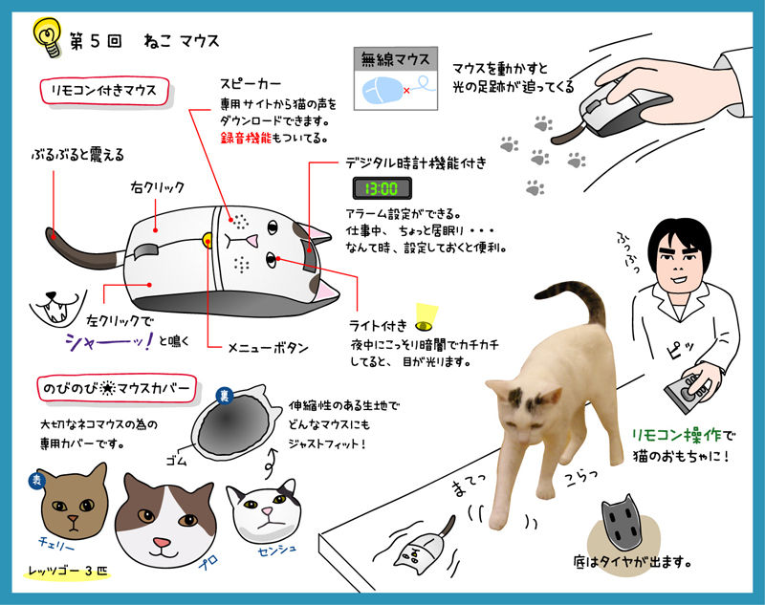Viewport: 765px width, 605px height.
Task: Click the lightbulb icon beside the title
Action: (47, 37)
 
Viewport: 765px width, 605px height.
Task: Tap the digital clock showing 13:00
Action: (382, 188)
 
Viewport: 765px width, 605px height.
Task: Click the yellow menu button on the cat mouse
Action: (208, 239)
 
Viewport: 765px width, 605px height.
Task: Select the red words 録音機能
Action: (246, 138)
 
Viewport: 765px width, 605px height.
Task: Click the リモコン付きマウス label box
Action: (104, 91)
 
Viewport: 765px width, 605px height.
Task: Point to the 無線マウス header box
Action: (396, 59)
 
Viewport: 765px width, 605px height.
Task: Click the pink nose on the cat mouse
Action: (251, 240)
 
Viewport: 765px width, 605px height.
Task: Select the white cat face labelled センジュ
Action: (264, 512)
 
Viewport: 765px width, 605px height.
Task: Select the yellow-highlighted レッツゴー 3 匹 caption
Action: (67, 572)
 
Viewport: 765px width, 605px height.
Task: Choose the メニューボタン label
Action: (269, 348)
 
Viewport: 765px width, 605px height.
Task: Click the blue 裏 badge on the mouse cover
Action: (225, 396)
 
